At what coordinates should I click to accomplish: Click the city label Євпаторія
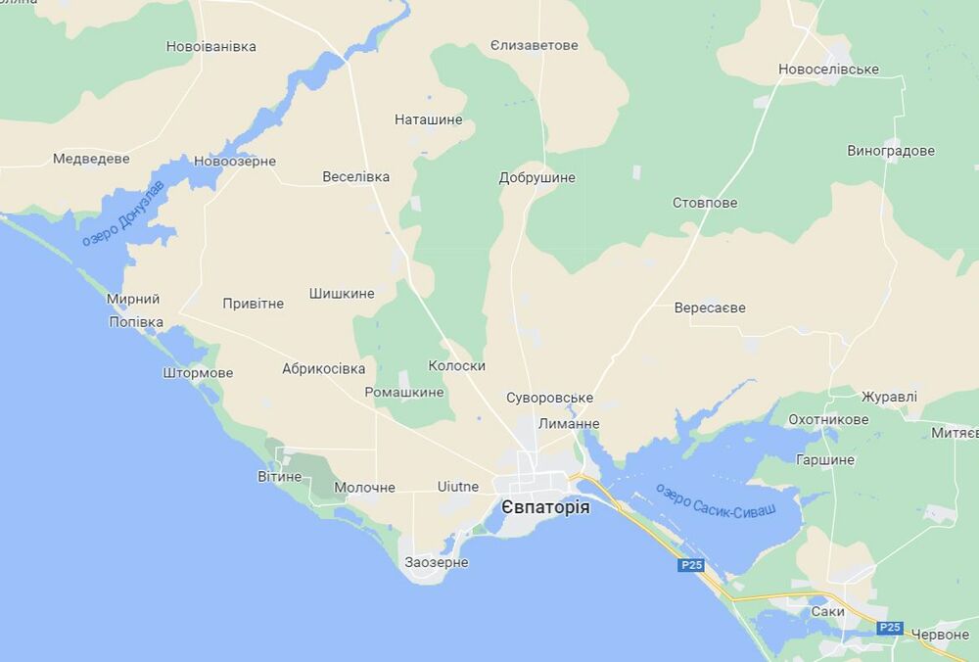(x=545, y=507)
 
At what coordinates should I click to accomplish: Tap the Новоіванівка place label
(x=210, y=46)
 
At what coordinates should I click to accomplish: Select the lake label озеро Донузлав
(x=123, y=213)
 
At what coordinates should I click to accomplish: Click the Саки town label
(x=827, y=611)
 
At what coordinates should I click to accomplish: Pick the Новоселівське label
(x=828, y=69)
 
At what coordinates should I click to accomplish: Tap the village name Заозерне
(x=437, y=563)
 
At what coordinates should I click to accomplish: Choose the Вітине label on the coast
(x=280, y=476)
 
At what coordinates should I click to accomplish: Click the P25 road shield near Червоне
(x=889, y=628)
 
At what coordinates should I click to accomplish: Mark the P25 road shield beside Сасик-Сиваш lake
(x=691, y=565)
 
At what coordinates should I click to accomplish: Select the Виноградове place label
(x=891, y=151)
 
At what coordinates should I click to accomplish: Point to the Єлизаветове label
(x=535, y=45)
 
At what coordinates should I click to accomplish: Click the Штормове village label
(x=199, y=373)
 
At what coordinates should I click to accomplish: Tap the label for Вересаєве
(x=710, y=307)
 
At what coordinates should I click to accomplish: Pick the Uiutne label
(x=458, y=487)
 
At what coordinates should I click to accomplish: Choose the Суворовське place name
(x=550, y=398)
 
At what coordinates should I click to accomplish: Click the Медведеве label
(x=91, y=158)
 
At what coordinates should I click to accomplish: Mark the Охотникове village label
(x=828, y=419)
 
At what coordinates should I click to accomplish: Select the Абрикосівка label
(x=323, y=369)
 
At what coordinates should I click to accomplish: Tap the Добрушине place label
(x=537, y=178)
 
